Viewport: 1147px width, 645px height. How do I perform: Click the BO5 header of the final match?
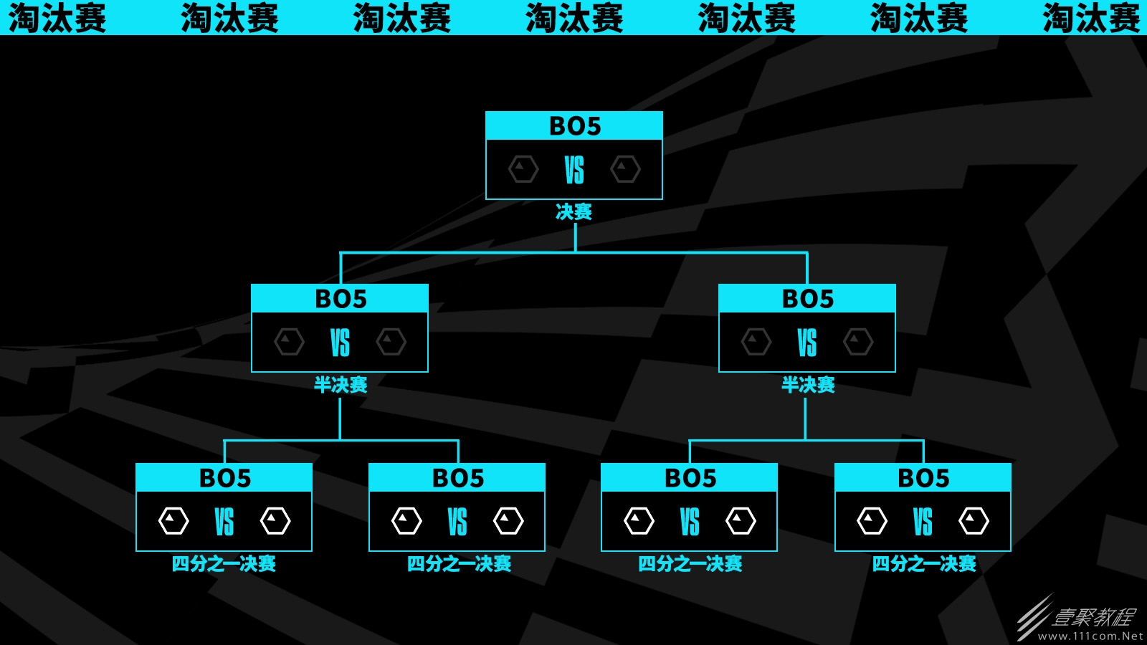click(574, 126)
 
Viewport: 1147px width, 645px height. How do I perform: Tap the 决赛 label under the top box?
click(574, 211)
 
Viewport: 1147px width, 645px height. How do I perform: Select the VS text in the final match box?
click(574, 170)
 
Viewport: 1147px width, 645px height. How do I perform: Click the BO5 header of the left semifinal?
click(341, 299)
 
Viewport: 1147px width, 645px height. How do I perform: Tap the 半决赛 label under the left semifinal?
click(341, 384)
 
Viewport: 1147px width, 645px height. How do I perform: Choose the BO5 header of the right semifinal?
click(807, 299)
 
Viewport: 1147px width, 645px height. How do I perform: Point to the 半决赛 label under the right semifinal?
click(808, 384)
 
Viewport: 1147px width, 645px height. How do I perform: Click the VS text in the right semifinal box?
click(807, 343)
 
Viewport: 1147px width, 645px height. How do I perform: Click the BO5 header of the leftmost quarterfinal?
click(225, 478)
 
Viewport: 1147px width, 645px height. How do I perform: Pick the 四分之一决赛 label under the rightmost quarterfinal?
click(924, 563)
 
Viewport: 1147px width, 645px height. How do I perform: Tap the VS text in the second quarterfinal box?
click(457, 522)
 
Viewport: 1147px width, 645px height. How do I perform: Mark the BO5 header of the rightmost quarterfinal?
click(923, 478)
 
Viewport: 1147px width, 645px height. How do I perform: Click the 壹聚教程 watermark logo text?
click(1093, 617)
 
